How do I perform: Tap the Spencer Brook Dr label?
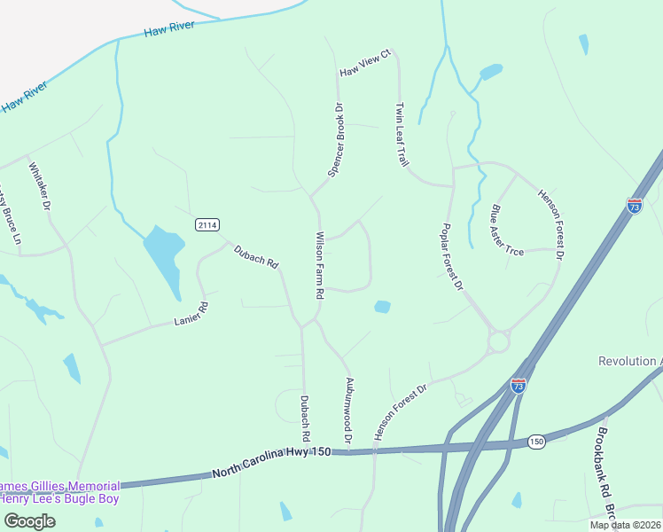click(335, 140)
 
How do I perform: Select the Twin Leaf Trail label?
click(402, 134)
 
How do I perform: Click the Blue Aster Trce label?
click(508, 231)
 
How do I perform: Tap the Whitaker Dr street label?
click(40, 186)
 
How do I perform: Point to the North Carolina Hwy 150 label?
click(271, 464)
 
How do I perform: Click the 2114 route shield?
click(207, 225)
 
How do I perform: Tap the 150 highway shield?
click(537, 441)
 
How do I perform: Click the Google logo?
click(28, 521)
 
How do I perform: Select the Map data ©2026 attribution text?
click(625, 525)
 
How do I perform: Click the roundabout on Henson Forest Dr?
click(499, 340)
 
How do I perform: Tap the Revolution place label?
click(630, 362)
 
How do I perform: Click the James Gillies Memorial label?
click(59, 486)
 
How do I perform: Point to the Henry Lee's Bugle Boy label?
click(59, 498)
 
